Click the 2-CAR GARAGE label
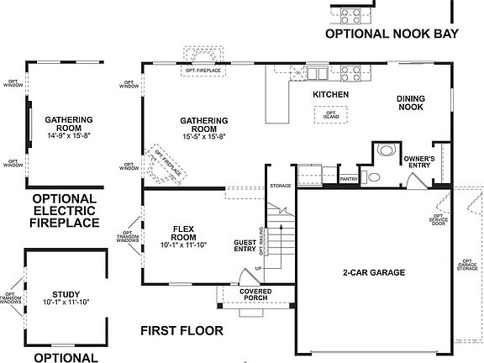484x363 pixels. (x=375, y=272)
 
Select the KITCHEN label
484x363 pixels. (x=330, y=95)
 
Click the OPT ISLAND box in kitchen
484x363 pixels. (x=332, y=115)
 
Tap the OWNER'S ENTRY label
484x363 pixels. (x=418, y=162)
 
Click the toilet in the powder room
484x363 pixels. (x=386, y=151)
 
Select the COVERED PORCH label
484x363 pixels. (x=255, y=293)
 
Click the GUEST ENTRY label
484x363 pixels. (x=245, y=246)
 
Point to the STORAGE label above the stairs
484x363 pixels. (x=280, y=185)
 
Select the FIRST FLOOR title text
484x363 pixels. (x=181, y=330)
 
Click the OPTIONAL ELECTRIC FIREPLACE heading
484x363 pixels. (x=65, y=211)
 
